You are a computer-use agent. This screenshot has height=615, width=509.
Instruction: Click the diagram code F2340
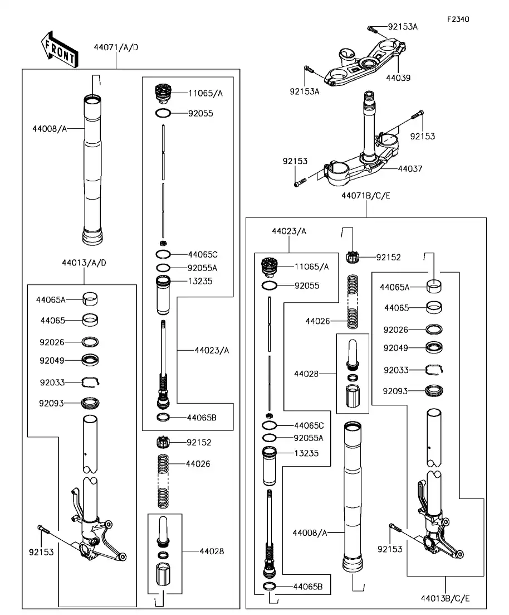[458, 19]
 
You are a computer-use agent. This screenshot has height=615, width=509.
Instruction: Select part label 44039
[398, 78]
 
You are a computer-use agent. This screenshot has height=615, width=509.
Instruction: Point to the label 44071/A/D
[116, 47]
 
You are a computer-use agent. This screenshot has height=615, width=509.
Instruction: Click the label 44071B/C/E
[366, 196]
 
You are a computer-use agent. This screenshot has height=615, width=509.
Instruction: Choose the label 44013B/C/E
[446, 599]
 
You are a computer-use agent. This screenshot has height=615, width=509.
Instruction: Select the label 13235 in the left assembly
[200, 281]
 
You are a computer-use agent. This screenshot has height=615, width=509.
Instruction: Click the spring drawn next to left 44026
[163, 480]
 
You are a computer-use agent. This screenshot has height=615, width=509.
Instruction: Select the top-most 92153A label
[403, 26]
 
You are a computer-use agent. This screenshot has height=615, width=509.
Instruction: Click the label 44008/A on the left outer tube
[50, 129]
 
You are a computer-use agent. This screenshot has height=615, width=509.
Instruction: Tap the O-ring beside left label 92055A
[163, 268]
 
